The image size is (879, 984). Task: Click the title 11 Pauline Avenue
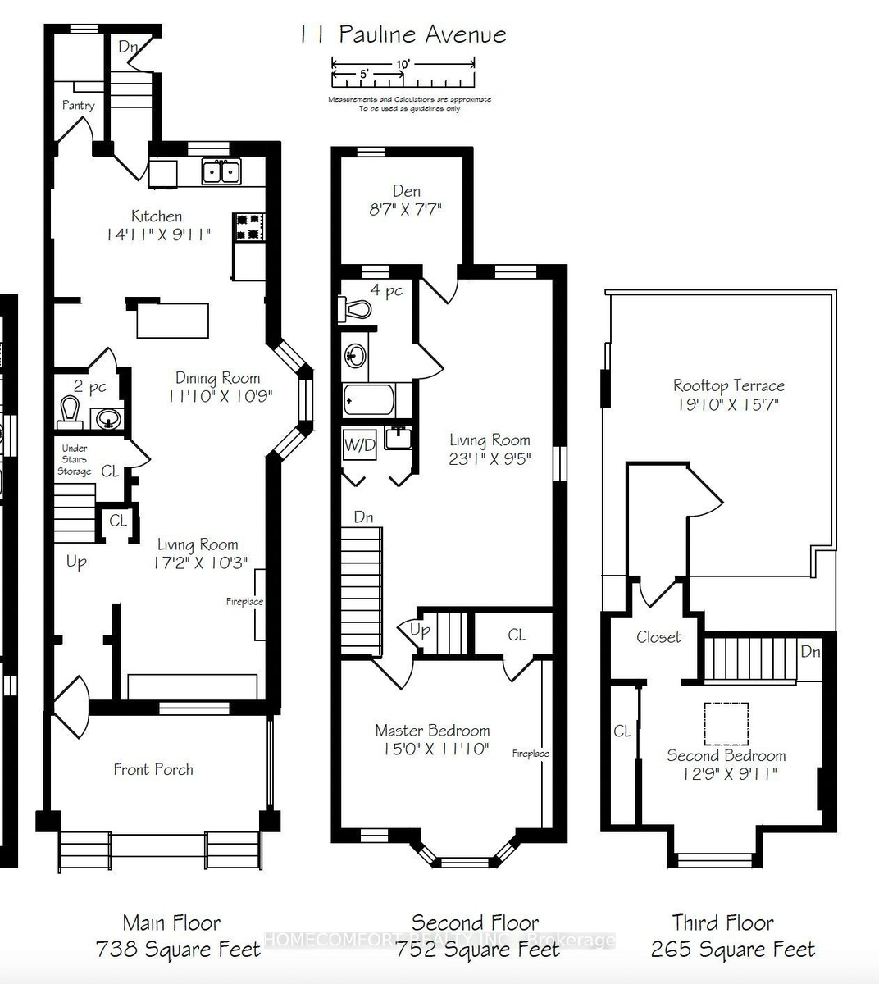click(403, 34)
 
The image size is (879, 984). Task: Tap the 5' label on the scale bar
click(364, 74)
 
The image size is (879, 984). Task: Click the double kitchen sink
click(221, 171)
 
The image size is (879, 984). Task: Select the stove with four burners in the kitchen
click(248, 227)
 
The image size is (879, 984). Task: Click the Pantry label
click(78, 106)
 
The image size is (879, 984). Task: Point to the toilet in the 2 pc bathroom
click(69, 412)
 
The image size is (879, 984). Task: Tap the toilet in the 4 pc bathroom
click(355, 309)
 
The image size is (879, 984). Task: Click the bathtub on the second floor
click(369, 399)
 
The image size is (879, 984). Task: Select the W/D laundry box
click(359, 444)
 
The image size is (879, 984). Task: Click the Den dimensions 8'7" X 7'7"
click(406, 209)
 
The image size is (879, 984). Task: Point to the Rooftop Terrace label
click(729, 385)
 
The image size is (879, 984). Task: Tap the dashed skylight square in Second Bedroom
click(726, 724)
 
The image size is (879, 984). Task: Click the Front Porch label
click(153, 769)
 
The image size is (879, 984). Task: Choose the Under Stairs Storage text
click(75, 459)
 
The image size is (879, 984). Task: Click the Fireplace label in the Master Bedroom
click(531, 754)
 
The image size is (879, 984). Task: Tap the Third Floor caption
click(723, 922)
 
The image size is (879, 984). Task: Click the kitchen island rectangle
click(173, 321)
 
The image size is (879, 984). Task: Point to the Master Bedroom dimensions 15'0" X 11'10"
click(435, 749)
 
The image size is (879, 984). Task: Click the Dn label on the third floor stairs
click(810, 651)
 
